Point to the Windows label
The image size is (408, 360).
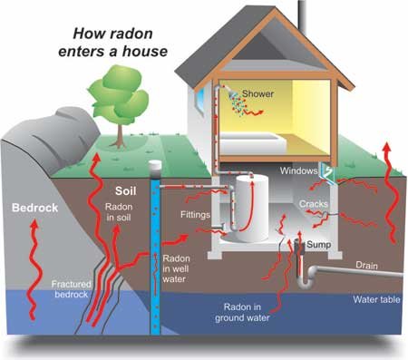[x=297, y=170]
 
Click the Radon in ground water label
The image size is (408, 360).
[x=244, y=312]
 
